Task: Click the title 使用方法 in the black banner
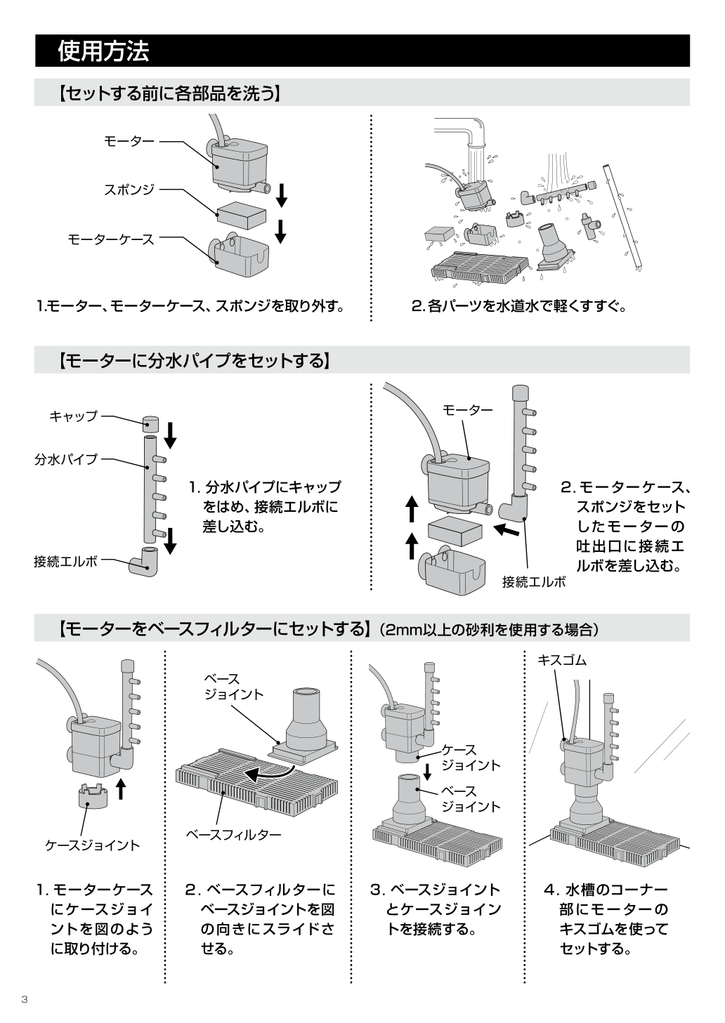pyautogui.click(x=103, y=51)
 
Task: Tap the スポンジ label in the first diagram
pyautogui.click(x=129, y=190)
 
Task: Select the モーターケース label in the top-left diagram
pyautogui.click(x=110, y=239)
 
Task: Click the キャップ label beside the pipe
pyautogui.click(x=73, y=416)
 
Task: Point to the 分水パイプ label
pyautogui.click(x=66, y=460)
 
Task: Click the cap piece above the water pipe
pyautogui.click(x=150, y=423)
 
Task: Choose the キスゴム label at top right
pyautogui.click(x=561, y=660)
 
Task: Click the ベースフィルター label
pyautogui.click(x=233, y=834)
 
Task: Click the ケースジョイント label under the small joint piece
pyautogui.click(x=92, y=845)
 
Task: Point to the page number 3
pyautogui.click(x=24, y=1000)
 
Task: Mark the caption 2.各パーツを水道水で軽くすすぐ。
pyautogui.click(x=518, y=306)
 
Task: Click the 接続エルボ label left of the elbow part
pyautogui.click(x=66, y=562)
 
